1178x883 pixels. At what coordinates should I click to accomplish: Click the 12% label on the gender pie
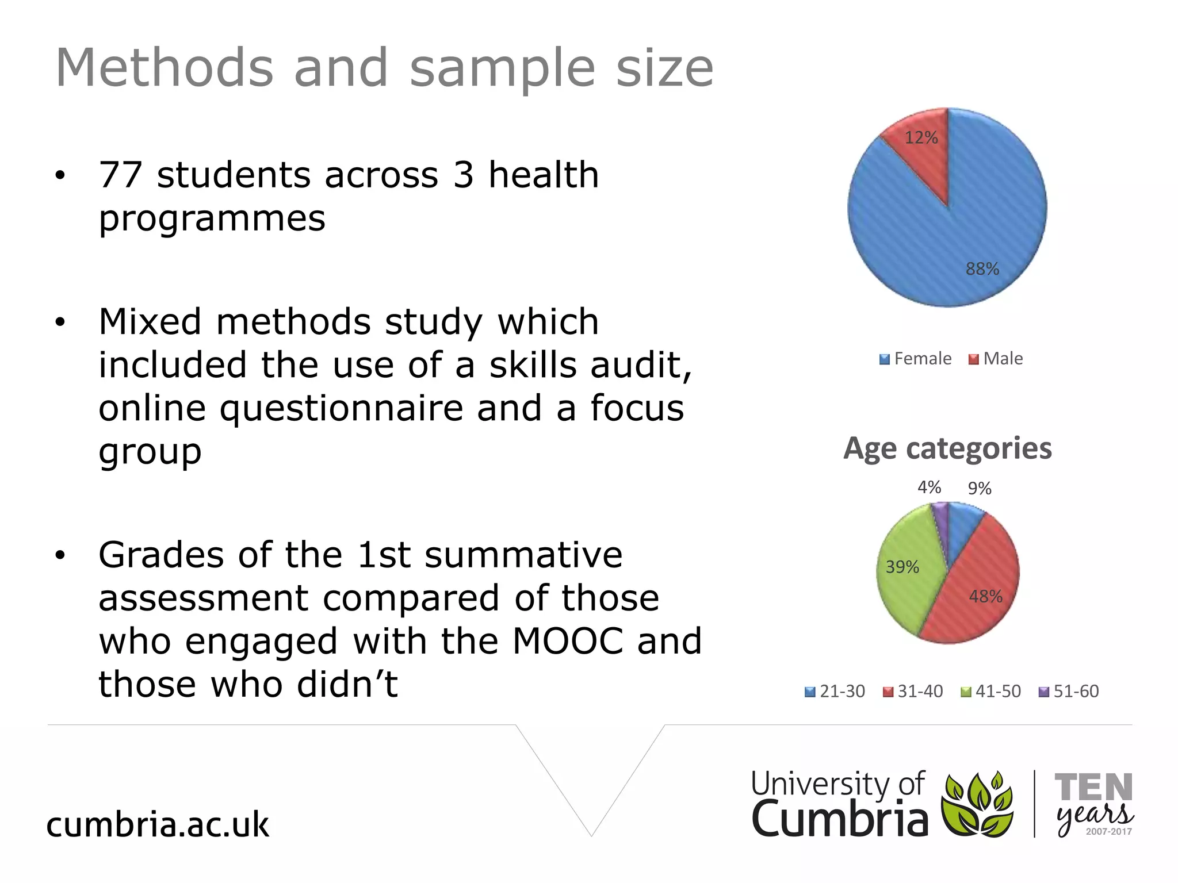(921, 138)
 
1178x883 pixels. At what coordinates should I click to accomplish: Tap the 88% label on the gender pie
(982, 269)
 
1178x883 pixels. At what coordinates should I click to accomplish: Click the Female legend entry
(916, 359)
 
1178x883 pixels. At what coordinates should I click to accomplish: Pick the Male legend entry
(996, 359)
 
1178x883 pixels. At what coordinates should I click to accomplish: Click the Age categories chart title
(947, 448)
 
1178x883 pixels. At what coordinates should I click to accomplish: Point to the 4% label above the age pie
(929, 487)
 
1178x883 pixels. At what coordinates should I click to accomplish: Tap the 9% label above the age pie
(980, 489)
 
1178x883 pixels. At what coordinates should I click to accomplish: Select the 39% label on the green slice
(902, 567)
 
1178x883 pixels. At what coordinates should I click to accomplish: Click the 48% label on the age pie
(985, 597)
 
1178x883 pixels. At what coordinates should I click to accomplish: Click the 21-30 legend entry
(835, 691)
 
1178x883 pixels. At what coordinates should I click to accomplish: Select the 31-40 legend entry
(913, 691)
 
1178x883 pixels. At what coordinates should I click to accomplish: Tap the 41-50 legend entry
(992, 691)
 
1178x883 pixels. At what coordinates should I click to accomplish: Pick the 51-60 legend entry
(1069, 691)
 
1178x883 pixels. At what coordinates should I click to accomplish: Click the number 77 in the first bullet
(120, 175)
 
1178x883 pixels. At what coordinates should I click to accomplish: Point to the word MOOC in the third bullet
(568, 641)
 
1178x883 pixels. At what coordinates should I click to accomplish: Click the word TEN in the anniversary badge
(1093, 787)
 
